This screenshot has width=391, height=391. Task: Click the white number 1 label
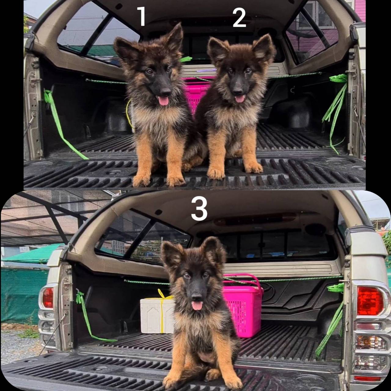142,16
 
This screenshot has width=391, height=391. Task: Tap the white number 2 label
239,18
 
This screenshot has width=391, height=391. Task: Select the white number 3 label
199,208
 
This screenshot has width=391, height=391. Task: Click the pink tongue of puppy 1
163,101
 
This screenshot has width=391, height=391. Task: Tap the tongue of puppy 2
240,99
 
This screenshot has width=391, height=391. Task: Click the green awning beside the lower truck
31,254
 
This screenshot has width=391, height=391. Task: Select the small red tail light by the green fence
48,298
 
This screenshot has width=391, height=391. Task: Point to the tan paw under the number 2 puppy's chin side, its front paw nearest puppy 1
216,172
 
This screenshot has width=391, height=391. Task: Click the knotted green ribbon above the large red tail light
336,287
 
